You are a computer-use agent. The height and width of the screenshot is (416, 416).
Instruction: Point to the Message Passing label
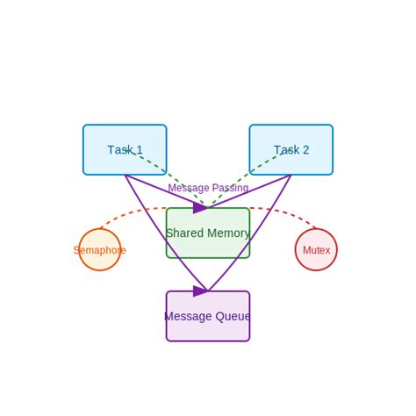coord(208,188)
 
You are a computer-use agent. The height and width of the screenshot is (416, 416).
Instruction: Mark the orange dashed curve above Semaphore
coord(132,213)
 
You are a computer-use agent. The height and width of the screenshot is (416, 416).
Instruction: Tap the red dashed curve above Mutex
coord(285,213)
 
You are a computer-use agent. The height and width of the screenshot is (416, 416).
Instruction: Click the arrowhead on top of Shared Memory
coord(201,208)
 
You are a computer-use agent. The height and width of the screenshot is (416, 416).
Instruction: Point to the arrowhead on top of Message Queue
coord(201,290)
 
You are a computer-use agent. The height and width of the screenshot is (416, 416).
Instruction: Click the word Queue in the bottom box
coord(233,317)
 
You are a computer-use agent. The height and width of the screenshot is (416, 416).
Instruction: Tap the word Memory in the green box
coord(227,233)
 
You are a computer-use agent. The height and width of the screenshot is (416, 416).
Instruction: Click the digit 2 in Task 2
coord(305,150)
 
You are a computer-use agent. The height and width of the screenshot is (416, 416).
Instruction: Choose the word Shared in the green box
coord(184,233)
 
